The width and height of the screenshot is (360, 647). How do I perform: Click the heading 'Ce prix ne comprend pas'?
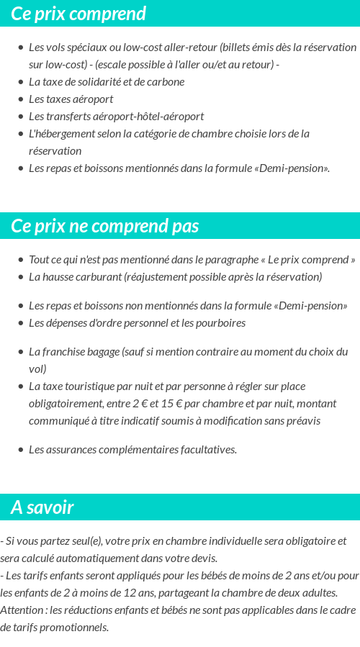tap(104, 226)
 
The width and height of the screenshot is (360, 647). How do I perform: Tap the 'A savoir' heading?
tap(42, 507)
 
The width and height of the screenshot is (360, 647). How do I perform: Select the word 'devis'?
tap(203, 558)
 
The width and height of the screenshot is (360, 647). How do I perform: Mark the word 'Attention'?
tap(21, 610)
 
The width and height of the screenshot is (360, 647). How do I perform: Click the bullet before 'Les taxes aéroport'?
tap(20, 99)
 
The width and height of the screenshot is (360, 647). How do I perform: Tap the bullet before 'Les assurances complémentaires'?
tap(20, 450)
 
